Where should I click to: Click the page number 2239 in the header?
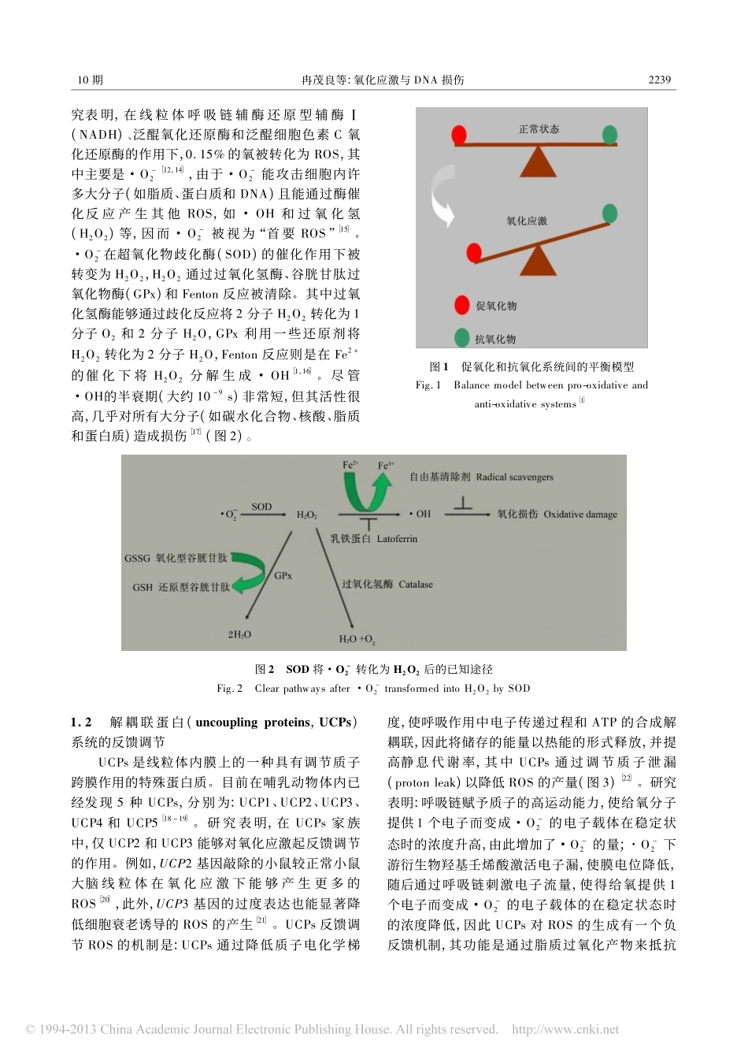click(x=659, y=80)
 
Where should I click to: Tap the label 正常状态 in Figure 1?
click(x=539, y=128)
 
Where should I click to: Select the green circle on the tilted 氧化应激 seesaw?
click(x=609, y=213)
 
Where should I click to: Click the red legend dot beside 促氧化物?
click(x=462, y=306)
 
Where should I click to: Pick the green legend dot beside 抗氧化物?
click(x=462, y=338)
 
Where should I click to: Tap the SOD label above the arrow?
click(x=261, y=507)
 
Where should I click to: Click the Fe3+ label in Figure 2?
click(x=385, y=466)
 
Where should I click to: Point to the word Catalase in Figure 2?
click(x=416, y=585)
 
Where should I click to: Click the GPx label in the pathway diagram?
click(x=283, y=576)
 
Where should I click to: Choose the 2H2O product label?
click(x=239, y=634)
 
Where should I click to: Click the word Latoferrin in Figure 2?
click(x=397, y=539)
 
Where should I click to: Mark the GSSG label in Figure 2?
click(x=137, y=558)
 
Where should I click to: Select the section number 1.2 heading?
click(x=81, y=722)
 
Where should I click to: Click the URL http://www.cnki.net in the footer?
click(x=565, y=1029)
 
